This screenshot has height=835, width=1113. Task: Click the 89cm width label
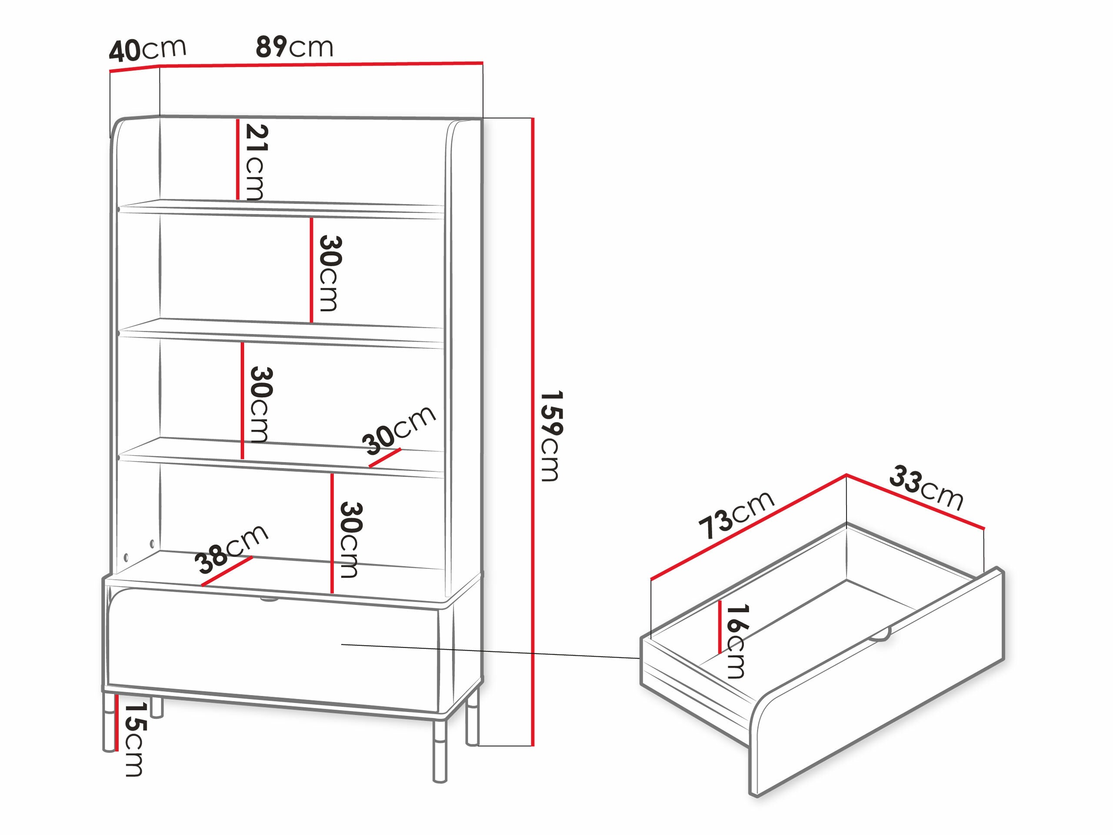tap(294, 47)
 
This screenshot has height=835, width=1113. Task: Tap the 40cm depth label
tap(147, 49)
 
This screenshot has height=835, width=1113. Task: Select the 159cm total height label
tap(550, 436)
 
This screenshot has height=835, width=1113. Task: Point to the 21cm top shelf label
tap(256, 162)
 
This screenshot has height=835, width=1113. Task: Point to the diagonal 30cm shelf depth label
tap(399, 429)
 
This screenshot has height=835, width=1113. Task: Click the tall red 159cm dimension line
tap(532, 432)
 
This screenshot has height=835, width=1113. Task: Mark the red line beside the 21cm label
tap(237, 159)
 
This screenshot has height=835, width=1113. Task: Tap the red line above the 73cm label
tap(748, 527)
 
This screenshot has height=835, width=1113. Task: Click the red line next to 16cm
tap(720, 627)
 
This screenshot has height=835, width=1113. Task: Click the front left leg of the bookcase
tap(109, 723)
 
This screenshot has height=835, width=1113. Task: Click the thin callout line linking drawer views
tap(490, 651)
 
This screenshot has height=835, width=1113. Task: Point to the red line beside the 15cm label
tap(116, 722)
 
